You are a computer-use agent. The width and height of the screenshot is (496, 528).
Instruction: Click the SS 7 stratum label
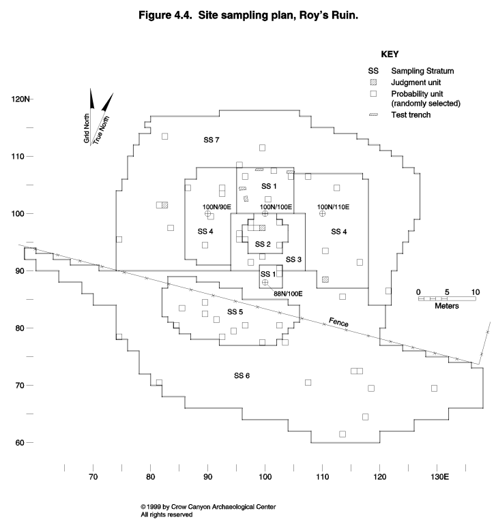coord(211,140)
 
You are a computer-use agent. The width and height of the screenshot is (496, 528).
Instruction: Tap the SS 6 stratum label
coord(242,375)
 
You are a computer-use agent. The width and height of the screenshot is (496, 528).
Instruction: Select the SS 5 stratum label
coord(235,312)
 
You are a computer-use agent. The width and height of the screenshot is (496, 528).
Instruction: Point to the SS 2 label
coord(263,244)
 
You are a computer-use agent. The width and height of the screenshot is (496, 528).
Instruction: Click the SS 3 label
coord(293,260)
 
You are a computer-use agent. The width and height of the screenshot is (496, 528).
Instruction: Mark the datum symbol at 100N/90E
coord(207,214)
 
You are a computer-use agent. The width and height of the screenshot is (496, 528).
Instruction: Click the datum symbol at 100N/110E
coord(322,213)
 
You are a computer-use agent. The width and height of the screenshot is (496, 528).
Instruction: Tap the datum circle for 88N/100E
coord(265,283)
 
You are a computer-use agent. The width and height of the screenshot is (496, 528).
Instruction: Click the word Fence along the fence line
coord(338,322)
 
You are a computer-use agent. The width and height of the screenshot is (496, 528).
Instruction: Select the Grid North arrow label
coord(87,128)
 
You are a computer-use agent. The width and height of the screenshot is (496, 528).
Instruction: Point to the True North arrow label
coord(101,130)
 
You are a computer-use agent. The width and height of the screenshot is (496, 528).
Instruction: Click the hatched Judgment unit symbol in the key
coord(373,82)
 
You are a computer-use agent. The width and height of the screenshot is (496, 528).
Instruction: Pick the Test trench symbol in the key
coord(374,115)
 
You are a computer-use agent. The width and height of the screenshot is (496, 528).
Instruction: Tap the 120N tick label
coord(20,99)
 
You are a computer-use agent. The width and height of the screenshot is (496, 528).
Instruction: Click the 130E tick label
coord(439,477)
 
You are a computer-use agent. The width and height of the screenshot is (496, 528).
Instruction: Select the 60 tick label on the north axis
coord(20,443)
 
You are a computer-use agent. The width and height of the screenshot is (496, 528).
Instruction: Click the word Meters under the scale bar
coord(447,306)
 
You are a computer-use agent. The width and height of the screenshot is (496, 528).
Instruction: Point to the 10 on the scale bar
coord(476,292)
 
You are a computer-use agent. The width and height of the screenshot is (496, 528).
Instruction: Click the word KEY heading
coord(390,55)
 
